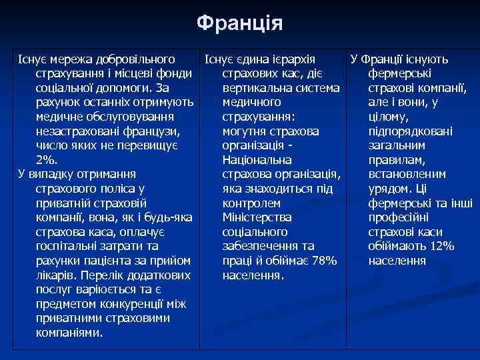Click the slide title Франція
tap(240, 23)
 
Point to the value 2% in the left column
tap(46, 160)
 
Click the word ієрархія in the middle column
tap(293, 60)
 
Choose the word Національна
tap(257, 160)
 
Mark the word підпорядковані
tap(410, 131)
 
